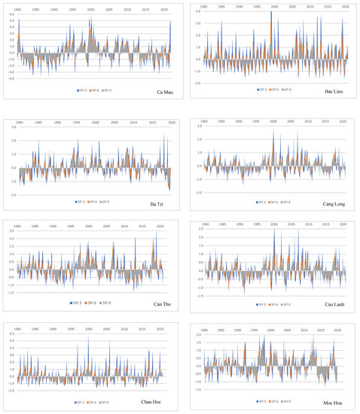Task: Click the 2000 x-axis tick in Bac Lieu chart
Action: click(x=272, y=7)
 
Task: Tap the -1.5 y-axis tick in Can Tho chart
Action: click(x=11, y=292)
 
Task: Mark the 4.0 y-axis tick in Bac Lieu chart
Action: click(x=197, y=12)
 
